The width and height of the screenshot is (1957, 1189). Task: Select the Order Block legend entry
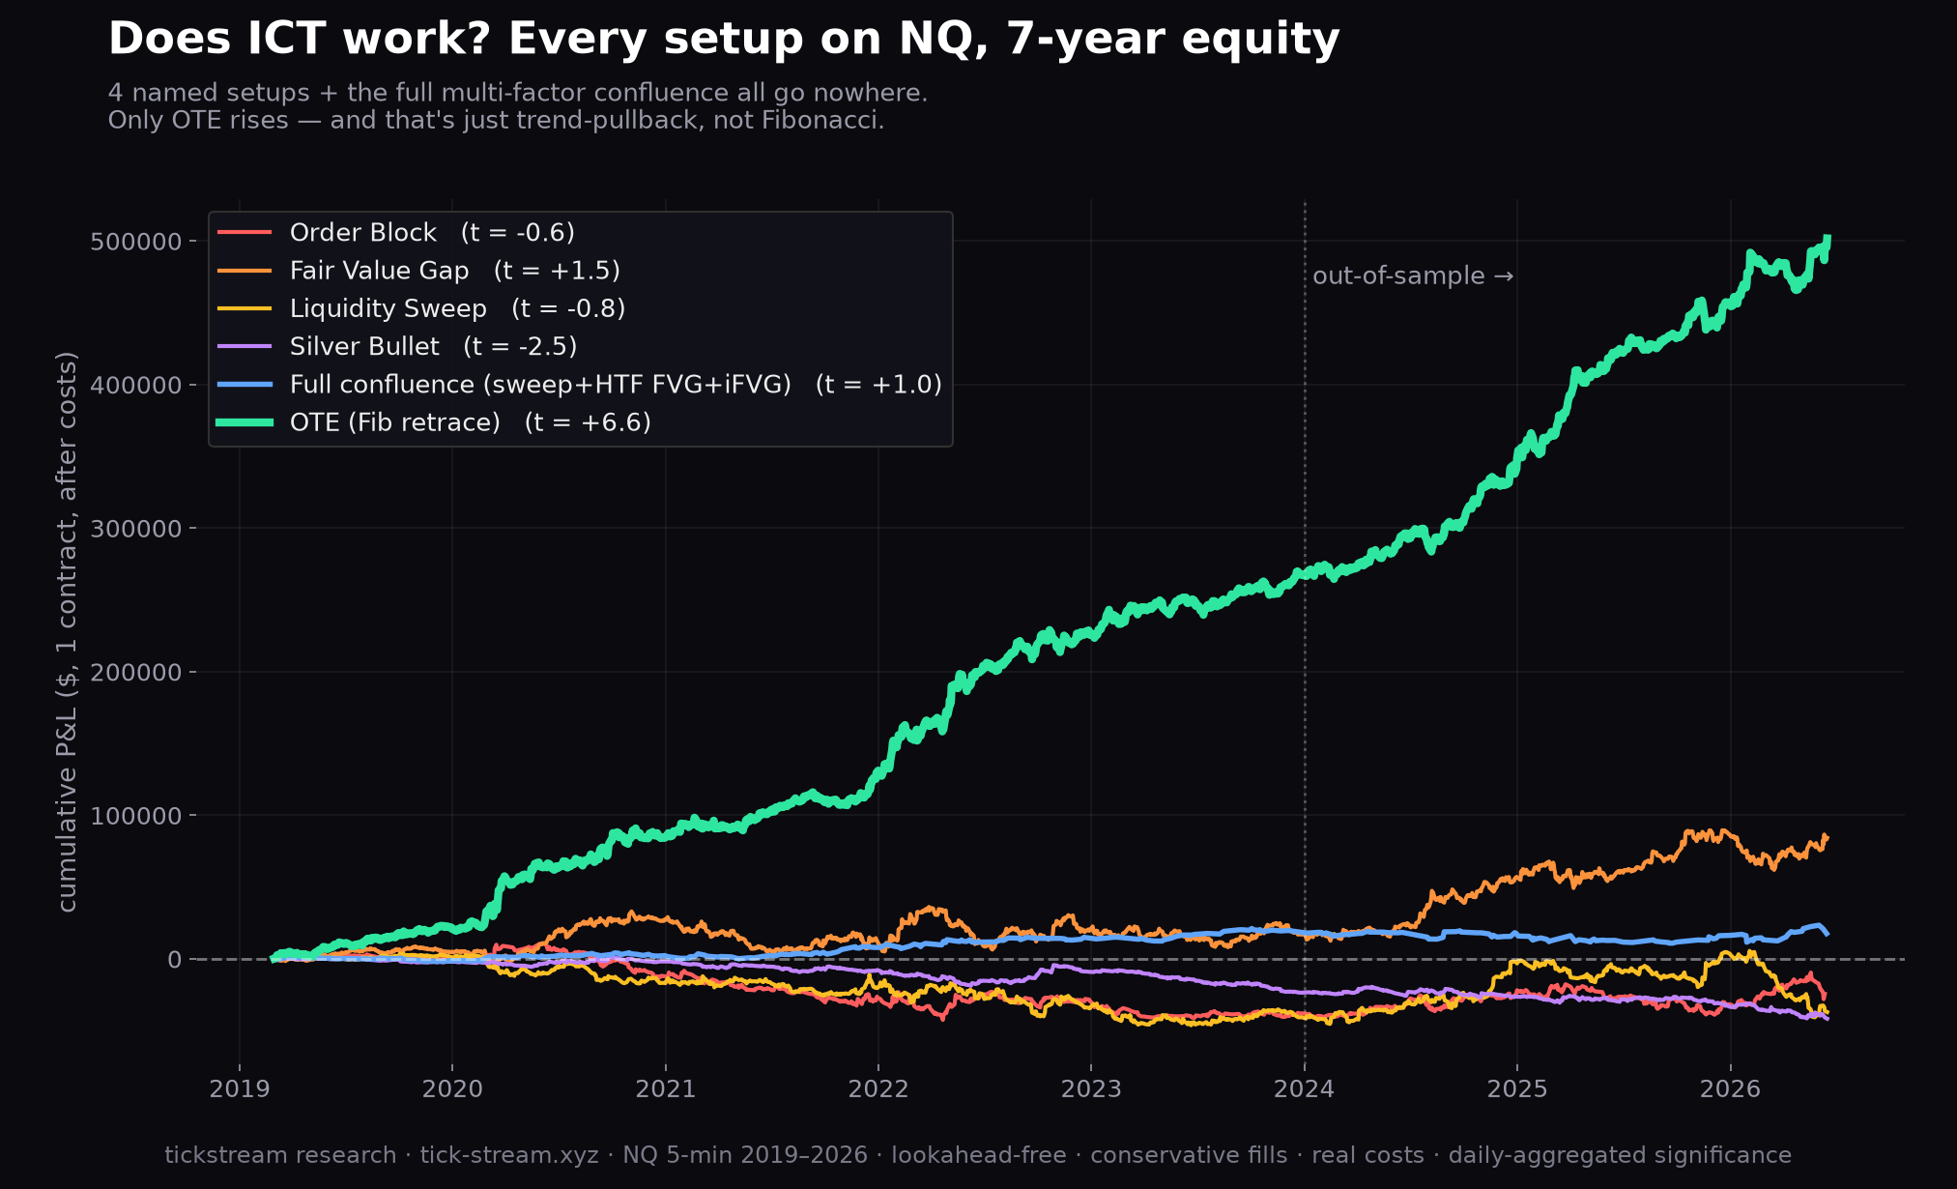point(396,233)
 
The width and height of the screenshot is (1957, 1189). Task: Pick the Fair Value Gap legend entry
point(418,271)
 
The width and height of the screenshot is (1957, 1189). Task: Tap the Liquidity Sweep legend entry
point(421,308)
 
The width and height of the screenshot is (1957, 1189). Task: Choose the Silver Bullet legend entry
point(397,346)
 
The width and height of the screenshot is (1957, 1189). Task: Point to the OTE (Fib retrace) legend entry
point(434,422)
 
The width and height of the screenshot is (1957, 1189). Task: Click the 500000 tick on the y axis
point(135,242)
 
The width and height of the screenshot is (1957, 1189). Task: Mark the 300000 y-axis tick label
point(135,529)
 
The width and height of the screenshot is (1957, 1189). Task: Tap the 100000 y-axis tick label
point(135,816)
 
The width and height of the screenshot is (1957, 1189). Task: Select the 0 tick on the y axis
point(174,960)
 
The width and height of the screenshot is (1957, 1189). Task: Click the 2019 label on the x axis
point(240,1089)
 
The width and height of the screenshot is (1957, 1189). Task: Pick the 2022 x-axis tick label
point(878,1089)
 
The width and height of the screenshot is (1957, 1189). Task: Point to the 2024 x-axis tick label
point(1304,1089)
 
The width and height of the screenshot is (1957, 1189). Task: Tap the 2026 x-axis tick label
point(1730,1089)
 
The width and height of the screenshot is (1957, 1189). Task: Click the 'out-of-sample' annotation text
point(1398,276)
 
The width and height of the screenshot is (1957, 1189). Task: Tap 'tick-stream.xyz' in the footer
point(509,1155)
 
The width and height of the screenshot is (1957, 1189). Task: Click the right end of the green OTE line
point(1827,237)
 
